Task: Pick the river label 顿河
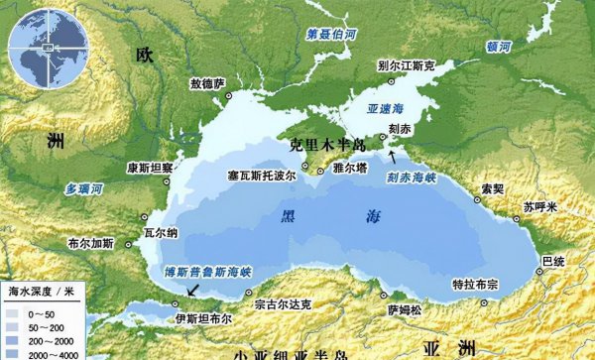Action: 500,46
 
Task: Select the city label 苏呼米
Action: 541,206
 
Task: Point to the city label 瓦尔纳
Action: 162,232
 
